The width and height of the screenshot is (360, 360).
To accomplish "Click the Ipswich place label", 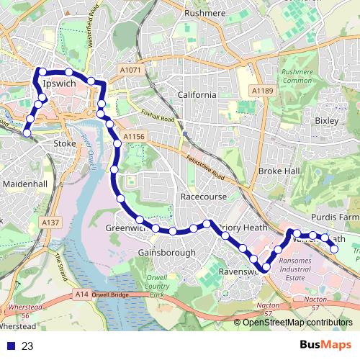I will [60, 84].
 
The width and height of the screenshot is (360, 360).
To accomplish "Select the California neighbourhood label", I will [197, 95].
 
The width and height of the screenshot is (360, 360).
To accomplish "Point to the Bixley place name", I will [327, 121].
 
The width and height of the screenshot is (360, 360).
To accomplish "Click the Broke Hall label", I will [279, 171].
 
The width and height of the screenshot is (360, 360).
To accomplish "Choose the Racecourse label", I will [204, 197].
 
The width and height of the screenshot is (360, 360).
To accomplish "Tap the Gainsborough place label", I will [166, 253].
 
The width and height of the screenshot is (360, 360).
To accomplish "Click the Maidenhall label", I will [25, 184].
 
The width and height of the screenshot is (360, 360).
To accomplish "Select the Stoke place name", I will [65, 144].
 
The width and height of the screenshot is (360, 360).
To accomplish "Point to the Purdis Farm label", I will [335, 217].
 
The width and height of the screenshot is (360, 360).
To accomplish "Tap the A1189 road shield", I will [263, 91].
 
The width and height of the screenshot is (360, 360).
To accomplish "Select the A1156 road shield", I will [134, 136].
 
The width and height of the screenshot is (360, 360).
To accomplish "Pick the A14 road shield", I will [82, 294].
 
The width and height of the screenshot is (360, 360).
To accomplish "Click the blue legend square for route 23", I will [10, 346].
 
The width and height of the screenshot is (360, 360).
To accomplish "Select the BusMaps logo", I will [325, 346].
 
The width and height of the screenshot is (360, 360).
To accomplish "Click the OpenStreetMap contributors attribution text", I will [297, 323].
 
